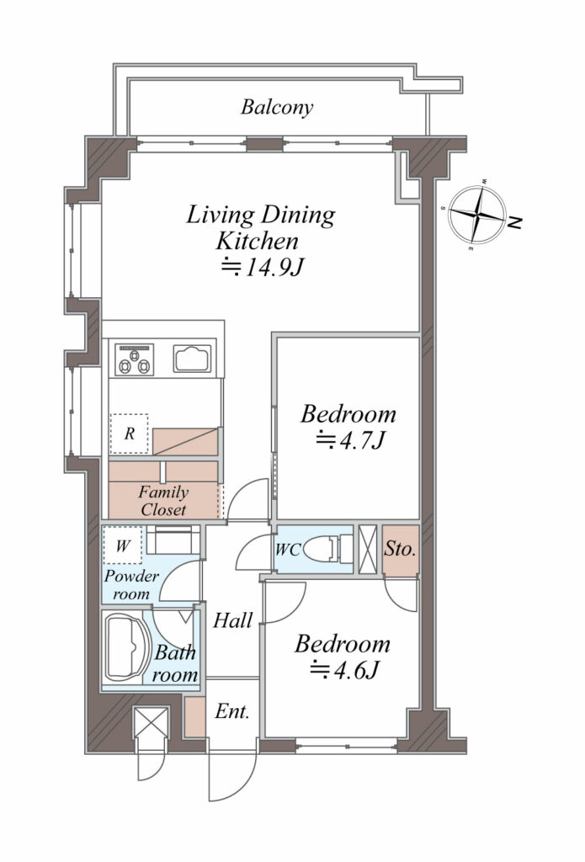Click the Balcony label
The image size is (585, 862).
pyautogui.click(x=277, y=107)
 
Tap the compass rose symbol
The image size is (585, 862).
pyautogui.click(x=476, y=215)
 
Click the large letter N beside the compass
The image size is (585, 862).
pyautogui.click(x=514, y=222)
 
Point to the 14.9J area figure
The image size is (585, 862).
pyautogui.click(x=263, y=268)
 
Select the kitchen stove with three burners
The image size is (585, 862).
pyautogui.click(x=134, y=359)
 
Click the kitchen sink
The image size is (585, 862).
pyautogui.click(x=193, y=359)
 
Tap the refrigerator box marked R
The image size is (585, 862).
pyautogui.click(x=130, y=434)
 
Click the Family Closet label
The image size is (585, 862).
pyautogui.click(x=163, y=500)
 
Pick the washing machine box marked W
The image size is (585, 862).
pyautogui.click(x=123, y=545)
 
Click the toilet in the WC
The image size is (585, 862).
pyautogui.click(x=328, y=549)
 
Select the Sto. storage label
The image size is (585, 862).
pyautogui.click(x=400, y=549)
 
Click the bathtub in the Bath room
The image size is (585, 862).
pyautogui.click(x=128, y=647)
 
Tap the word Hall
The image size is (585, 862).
pyautogui.click(x=233, y=620)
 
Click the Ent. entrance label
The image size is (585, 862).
pyautogui.click(x=232, y=711)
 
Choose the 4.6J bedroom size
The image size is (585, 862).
pyautogui.click(x=344, y=670)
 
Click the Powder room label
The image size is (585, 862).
pyautogui.click(x=131, y=585)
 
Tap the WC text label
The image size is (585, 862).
pyautogui.click(x=288, y=549)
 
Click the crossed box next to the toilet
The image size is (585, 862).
pyautogui.click(x=367, y=549)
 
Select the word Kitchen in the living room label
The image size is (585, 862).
pyautogui.click(x=258, y=241)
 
